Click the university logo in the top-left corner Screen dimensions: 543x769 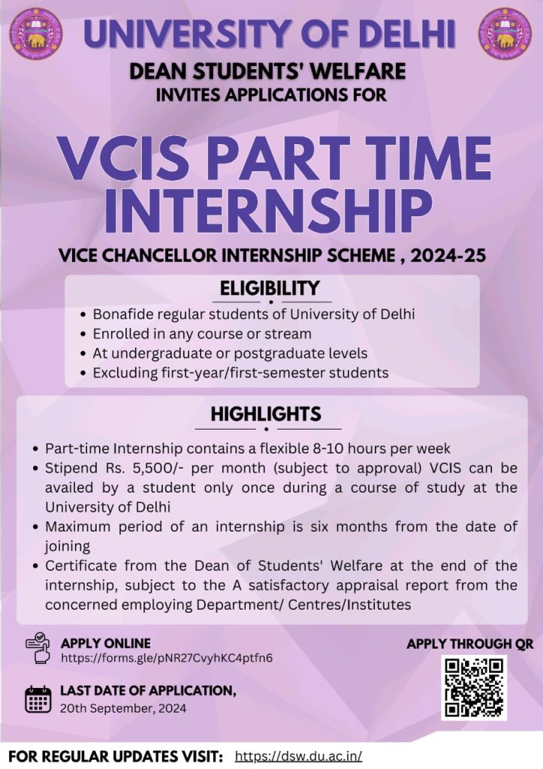(35, 34)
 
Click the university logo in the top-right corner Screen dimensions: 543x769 (505, 34)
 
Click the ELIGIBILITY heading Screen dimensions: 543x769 (270, 288)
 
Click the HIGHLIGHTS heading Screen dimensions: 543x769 (266, 414)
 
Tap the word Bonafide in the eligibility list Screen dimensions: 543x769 (121, 314)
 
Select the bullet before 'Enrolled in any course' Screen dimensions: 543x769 (83, 334)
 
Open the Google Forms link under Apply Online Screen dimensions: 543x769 (166, 658)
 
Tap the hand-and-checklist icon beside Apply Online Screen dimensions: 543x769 (38, 647)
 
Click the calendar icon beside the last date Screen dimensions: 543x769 (38, 699)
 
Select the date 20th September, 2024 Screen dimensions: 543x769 (123, 708)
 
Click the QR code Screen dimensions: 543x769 (474, 688)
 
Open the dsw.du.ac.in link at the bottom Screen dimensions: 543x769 (298, 755)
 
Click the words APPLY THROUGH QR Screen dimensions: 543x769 (470, 644)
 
